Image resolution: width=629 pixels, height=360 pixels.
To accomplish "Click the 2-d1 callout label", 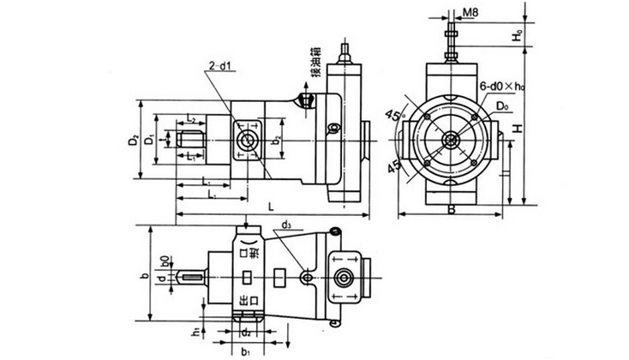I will [219, 64].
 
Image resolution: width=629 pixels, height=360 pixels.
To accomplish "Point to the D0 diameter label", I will [502, 105].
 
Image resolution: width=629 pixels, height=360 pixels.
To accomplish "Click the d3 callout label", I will [286, 226].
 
